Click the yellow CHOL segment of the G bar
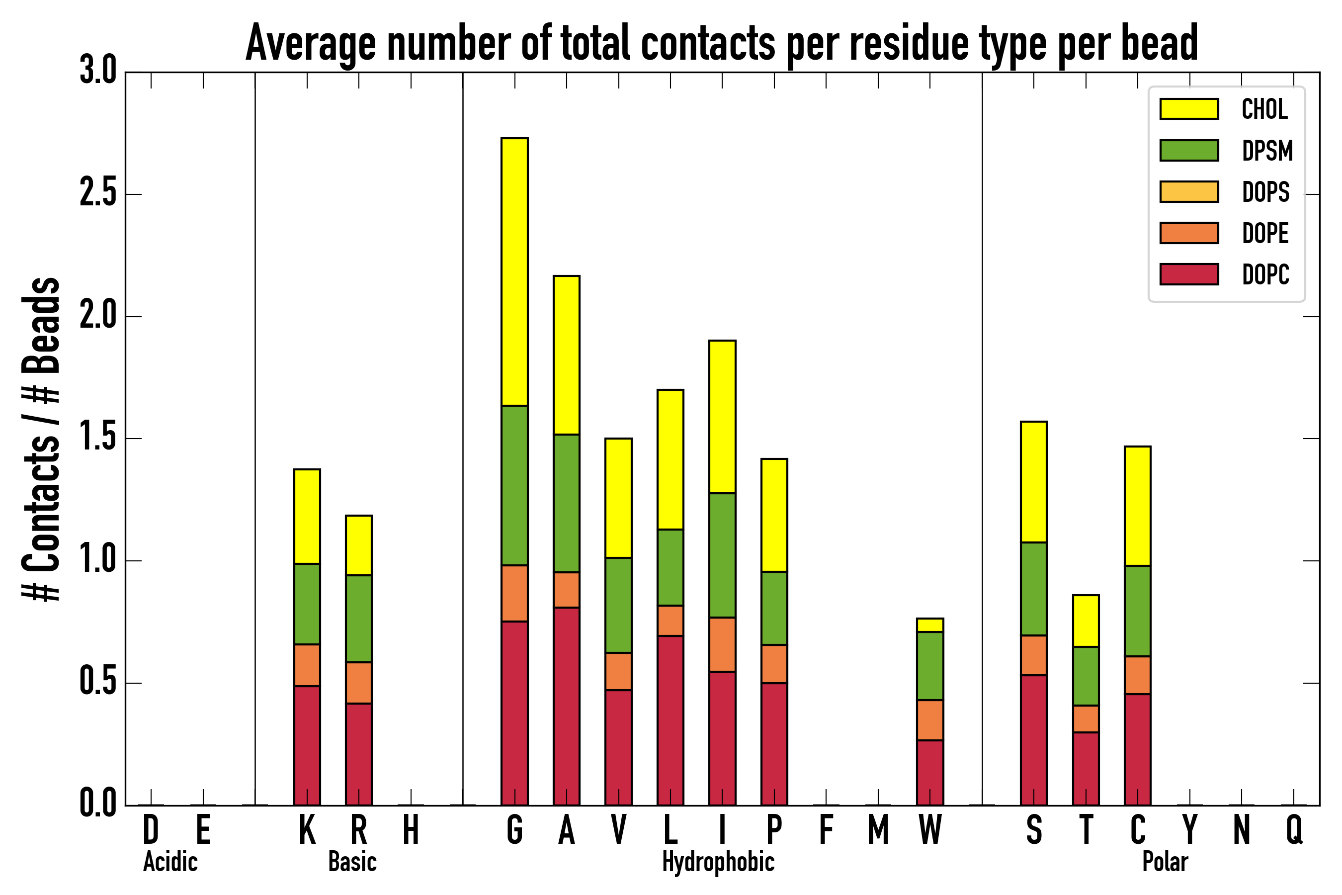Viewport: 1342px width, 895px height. click(514, 271)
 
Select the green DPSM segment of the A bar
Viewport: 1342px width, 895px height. click(566, 503)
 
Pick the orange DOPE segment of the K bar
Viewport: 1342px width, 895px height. click(307, 665)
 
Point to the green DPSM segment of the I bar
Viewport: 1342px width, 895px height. click(722, 555)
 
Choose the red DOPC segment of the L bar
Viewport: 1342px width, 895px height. click(670, 720)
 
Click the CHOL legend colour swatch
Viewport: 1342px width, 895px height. click(1189, 109)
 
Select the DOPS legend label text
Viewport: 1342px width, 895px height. click(1265, 192)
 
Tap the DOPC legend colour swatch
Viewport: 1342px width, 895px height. click(1189, 274)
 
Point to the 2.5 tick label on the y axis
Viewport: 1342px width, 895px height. click(98, 194)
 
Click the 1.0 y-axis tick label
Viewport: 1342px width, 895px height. click(98, 560)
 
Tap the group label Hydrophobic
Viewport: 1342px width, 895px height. click(718, 862)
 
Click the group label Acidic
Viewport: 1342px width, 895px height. click(170, 862)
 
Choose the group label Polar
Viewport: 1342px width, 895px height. click(1165, 862)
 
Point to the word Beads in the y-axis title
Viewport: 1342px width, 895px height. click(41, 325)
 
